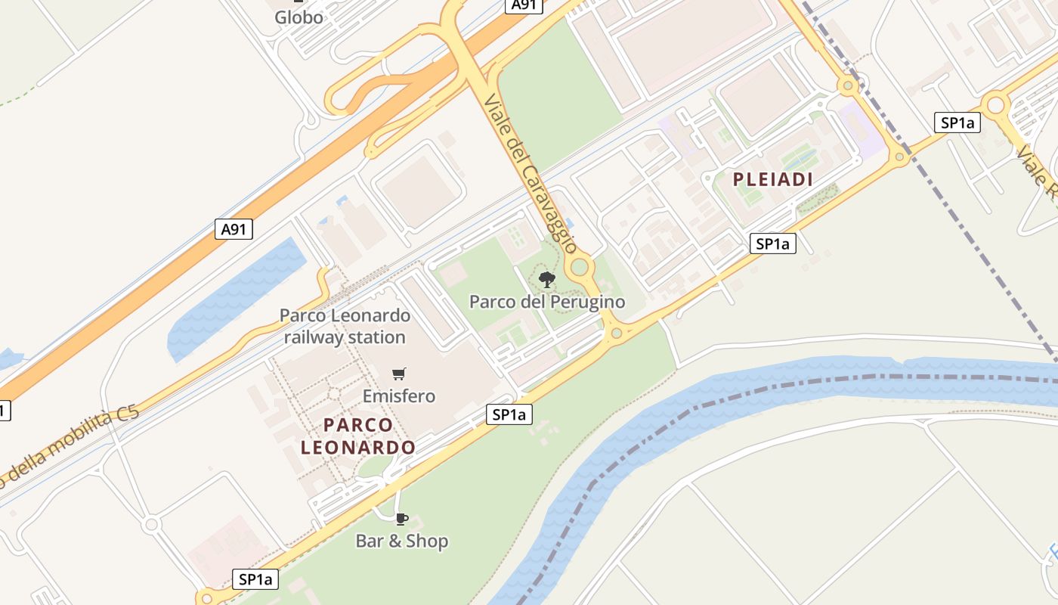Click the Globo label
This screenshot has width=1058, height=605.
coord(299,17)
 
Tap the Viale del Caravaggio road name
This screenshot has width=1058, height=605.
coord(531,174)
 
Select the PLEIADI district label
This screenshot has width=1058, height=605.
coord(773,179)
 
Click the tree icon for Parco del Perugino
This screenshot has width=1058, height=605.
coord(546,280)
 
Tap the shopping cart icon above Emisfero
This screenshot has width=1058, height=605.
coord(399,374)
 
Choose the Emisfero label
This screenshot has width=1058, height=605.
coord(399,396)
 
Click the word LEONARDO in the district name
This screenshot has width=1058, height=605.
coord(358,447)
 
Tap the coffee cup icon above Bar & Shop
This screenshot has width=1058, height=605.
coord(402,519)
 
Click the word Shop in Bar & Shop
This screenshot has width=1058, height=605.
coord(427,541)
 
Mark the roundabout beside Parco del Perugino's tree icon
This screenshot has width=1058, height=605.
coord(580,266)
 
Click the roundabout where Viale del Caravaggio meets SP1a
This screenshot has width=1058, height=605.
coord(617,332)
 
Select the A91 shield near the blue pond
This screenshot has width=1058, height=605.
coord(234,228)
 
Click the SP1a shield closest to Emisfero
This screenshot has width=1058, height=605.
coord(509,414)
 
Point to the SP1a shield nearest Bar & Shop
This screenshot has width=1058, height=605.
coord(255,579)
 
